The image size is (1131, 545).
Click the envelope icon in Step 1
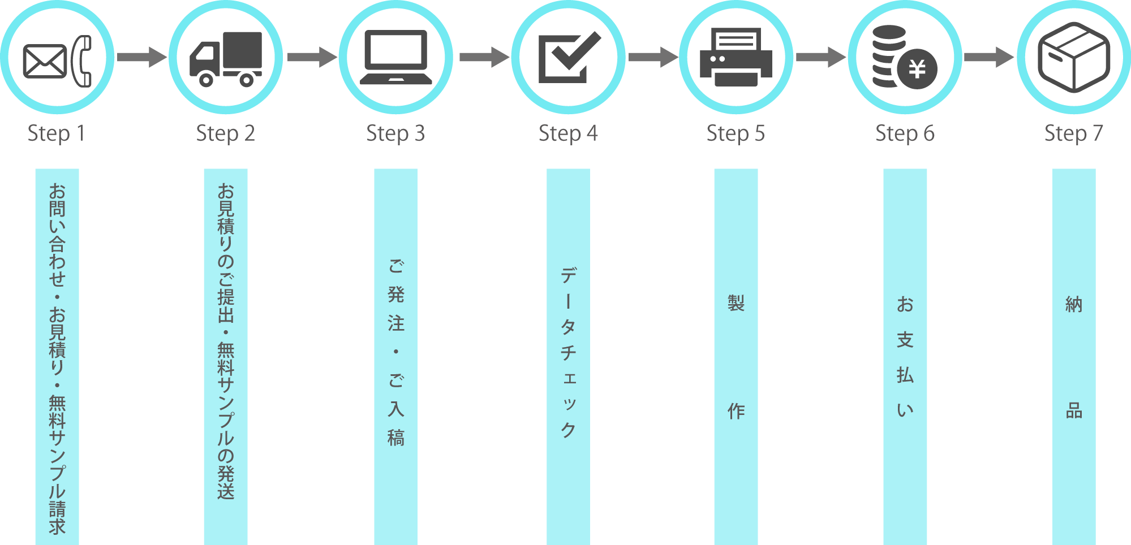[45, 61]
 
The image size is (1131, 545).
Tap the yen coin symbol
[917, 70]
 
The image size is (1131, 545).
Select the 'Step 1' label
[56, 134]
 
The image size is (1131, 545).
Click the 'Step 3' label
[395, 134]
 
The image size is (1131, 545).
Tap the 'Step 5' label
[735, 134]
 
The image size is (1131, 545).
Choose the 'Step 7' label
[1073, 134]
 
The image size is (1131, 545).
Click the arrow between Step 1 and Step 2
[141, 57]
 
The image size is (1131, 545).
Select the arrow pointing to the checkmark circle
[484, 57]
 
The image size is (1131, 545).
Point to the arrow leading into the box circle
[988, 57]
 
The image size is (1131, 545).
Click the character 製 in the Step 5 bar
[736, 303]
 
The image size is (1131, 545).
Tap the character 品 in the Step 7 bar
[1073, 411]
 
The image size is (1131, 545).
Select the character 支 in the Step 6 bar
[905, 340]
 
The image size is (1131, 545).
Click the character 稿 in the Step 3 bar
[395, 438]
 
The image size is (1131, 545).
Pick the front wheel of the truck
[206, 80]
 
